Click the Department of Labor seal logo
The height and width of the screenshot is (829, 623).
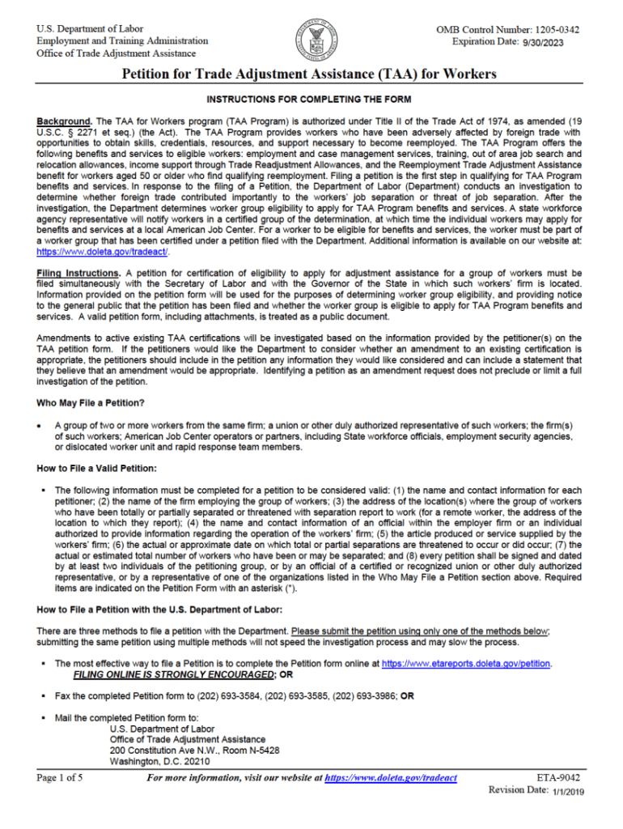click(x=311, y=40)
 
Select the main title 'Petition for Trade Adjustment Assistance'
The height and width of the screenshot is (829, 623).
click(x=308, y=75)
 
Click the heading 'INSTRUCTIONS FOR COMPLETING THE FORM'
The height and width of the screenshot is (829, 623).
click(x=309, y=100)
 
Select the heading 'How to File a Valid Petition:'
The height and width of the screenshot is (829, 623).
click(x=96, y=469)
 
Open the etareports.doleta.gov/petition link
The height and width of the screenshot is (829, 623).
click(x=465, y=663)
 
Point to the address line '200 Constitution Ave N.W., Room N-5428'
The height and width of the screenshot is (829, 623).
click(x=194, y=750)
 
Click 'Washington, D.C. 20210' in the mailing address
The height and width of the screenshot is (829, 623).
click(x=159, y=762)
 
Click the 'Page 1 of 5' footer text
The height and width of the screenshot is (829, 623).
click(x=59, y=778)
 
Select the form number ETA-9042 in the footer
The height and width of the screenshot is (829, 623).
click(x=558, y=778)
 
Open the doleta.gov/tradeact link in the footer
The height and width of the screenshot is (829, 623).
click(x=391, y=778)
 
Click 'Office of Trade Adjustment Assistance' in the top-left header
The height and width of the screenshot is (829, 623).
click(x=116, y=53)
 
